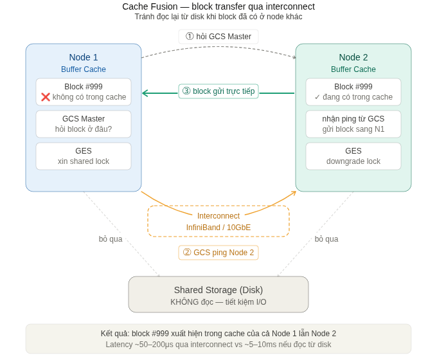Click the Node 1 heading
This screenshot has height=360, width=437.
84,57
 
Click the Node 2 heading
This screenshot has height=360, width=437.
353,57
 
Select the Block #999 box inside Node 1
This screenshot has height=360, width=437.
84,92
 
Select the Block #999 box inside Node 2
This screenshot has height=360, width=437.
353,92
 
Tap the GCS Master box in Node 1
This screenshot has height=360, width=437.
84,124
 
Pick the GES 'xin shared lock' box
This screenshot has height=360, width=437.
84,156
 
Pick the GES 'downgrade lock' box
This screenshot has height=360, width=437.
353,156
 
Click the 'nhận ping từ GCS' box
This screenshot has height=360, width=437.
353,124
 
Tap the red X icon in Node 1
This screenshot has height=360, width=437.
46,97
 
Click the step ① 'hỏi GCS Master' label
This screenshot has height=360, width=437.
219,37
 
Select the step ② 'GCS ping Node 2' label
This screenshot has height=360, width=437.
219,253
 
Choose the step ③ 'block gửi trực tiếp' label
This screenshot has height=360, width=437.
219,91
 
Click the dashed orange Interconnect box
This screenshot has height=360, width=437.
219,221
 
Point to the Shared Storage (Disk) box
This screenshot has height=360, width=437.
219,294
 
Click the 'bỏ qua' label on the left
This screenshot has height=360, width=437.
111,239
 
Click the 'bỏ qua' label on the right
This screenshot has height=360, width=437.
326,239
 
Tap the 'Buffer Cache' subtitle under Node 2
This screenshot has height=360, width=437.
353,69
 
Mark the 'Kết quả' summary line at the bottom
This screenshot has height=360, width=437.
219,334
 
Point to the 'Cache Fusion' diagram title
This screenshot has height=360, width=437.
219,6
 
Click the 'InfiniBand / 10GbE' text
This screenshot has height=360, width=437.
219,228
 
